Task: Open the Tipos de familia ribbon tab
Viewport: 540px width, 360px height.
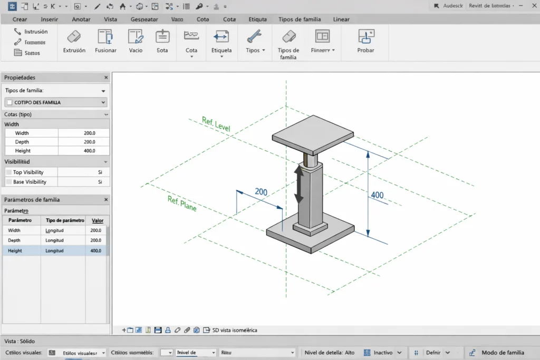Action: point(300,20)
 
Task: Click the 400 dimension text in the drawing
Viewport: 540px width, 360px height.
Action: point(377,195)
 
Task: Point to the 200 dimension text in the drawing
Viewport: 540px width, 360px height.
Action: point(261,192)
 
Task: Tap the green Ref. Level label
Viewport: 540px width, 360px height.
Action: point(216,124)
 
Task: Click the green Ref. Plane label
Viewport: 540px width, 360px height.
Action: point(182,203)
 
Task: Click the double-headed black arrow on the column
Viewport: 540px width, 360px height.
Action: point(299,184)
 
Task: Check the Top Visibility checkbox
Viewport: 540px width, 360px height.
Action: point(8,172)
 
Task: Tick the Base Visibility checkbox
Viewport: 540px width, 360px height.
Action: point(8,182)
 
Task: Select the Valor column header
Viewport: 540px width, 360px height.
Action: point(98,220)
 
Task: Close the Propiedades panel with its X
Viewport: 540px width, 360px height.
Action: point(106,77)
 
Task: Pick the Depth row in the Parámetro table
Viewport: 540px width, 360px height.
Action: point(15,240)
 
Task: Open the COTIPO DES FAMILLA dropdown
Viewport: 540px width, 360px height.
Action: point(103,102)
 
